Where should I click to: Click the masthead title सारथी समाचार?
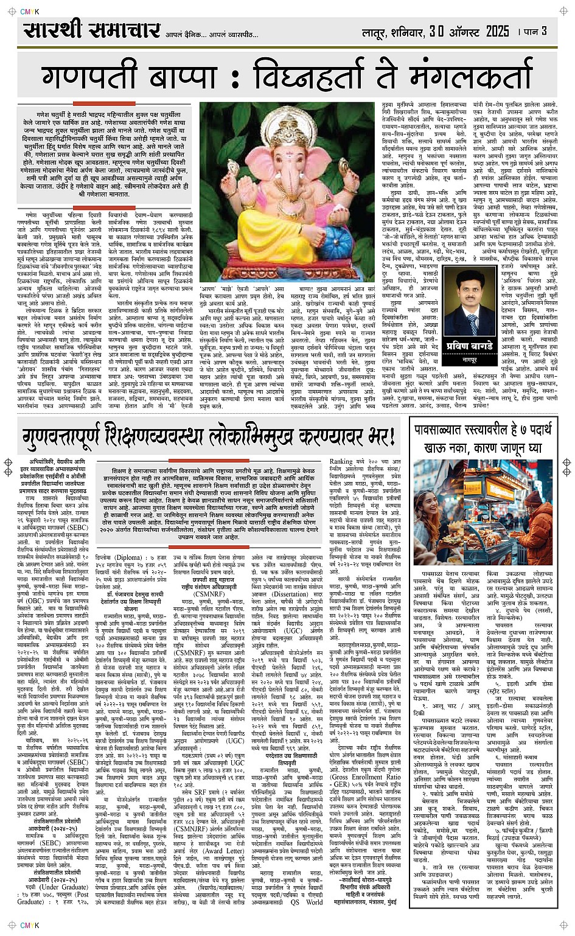tap(91, 30)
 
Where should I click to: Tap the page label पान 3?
tap(535, 30)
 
